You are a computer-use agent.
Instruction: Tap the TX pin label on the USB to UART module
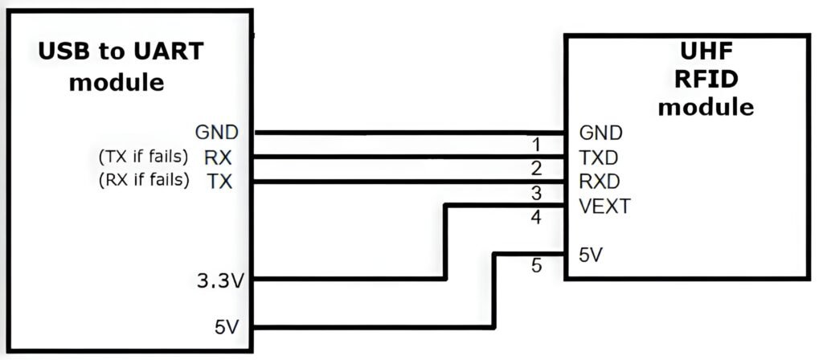click(x=218, y=182)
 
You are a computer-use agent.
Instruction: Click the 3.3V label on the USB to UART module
click(x=221, y=282)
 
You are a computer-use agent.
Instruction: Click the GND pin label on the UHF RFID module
click(x=600, y=132)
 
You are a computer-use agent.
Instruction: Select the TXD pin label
click(x=599, y=156)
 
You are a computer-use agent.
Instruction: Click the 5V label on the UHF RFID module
click(x=591, y=255)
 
